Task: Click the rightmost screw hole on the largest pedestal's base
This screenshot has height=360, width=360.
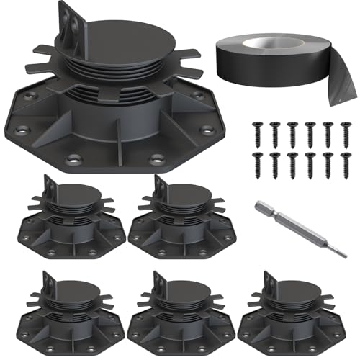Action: [x=208, y=130]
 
